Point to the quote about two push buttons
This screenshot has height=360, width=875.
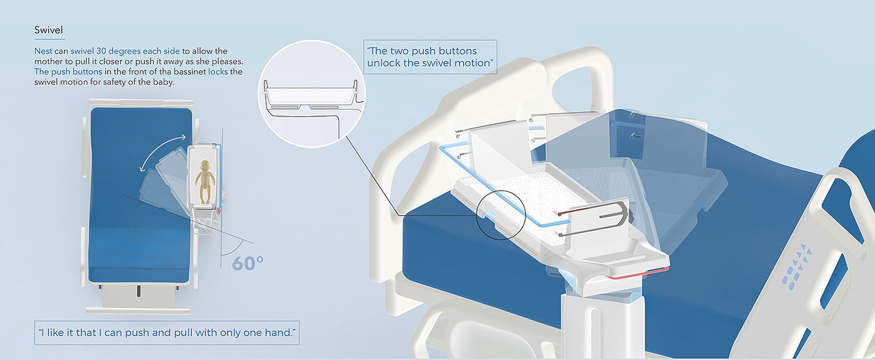click(x=430, y=57)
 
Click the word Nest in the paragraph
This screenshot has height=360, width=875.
click(x=43, y=51)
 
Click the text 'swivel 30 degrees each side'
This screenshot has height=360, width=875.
click(x=125, y=51)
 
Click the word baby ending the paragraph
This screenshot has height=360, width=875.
click(x=162, y=82)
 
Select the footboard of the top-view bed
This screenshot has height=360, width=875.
click(x=138, y=310)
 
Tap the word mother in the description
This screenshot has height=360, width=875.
click(x=48, y=61)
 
